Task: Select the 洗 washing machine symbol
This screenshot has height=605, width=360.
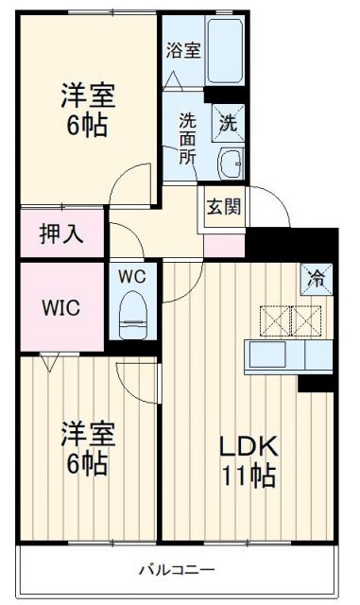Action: point(229,121)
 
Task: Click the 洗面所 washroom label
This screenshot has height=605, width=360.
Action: point(189,137)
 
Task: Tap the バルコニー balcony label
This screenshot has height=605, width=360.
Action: point(177,569)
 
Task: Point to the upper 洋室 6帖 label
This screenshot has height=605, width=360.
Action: point(87,110)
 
